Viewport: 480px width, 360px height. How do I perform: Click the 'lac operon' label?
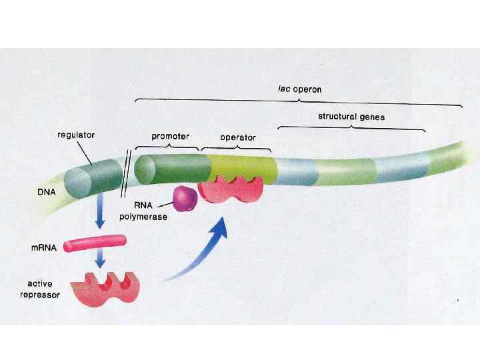point(299,88)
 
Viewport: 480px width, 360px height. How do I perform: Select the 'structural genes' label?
point(351,117)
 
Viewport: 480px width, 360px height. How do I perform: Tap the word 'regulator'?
point(75,134)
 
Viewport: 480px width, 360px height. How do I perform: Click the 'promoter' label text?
point(170,136)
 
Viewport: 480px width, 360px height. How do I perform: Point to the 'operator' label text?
point(238,137)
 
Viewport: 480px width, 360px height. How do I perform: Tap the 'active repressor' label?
point(45,289)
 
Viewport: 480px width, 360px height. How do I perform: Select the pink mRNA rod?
point(95,245)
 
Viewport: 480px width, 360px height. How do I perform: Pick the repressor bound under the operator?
point(231,189)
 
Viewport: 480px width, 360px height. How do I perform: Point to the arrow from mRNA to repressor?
point(101,259)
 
